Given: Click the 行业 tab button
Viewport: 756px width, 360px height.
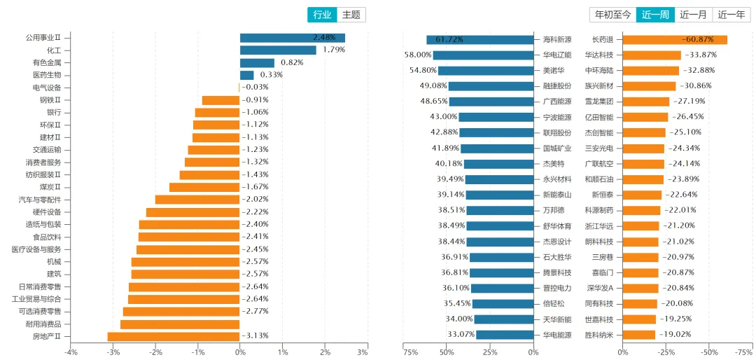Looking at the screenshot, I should [322, 15].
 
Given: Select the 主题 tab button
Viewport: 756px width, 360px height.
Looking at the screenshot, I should [351, 15].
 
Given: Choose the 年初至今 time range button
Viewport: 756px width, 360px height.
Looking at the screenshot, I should [612, 15].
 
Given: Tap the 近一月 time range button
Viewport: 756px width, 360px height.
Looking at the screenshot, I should [693, 15].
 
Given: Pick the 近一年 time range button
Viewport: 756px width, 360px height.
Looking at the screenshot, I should [731, 15].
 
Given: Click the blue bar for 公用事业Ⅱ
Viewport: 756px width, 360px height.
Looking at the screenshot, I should [292, 38].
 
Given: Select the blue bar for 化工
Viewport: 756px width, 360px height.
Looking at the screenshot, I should [278, 50].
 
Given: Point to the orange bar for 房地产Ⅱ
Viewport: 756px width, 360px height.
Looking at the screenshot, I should [174, 336].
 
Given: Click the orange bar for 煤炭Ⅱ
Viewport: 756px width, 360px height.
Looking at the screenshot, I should [204, 187].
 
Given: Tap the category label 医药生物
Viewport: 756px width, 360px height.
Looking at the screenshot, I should [47, 75].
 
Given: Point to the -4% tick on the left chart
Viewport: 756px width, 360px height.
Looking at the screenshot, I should [71, 352].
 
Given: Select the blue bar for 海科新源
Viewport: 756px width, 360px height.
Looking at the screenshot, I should [480, 40].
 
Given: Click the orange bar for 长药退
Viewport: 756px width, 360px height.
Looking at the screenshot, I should [675, 40].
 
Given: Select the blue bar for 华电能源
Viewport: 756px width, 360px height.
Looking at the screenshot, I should [505, 335].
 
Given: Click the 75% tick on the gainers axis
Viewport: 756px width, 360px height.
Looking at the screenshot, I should [411, 352].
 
